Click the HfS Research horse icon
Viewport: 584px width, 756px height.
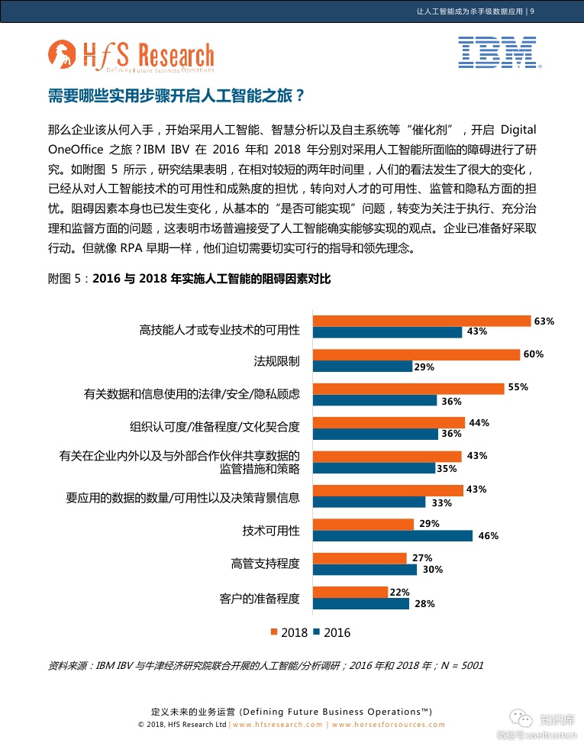[61, 55]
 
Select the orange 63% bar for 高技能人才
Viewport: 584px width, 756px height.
[422, 321]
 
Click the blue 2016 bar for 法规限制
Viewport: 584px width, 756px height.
[363, 367]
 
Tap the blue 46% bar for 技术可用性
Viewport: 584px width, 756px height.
[393, 535]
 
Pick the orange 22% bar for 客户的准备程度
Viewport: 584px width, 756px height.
[339, 592]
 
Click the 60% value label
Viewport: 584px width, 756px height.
[534, 354]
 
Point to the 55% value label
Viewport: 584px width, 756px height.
[518, 387]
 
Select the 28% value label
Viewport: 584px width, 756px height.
[424, 603]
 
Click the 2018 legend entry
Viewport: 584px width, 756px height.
[289, 632]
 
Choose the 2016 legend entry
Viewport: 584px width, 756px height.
[332, 632]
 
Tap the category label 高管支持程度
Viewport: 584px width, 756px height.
[265, 564]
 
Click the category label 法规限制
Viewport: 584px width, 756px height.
[276, 360]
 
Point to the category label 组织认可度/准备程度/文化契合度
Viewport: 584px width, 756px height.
[215, 427]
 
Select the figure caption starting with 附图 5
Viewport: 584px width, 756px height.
[189, 279]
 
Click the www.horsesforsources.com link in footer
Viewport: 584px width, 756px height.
[389, 725]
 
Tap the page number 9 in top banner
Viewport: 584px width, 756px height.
[531, 11]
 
